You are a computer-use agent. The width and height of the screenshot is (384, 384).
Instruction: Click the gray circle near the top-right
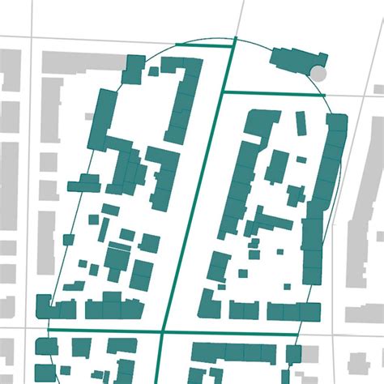[319, 74]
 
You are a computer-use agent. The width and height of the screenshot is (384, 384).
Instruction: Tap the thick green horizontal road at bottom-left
[105, 331]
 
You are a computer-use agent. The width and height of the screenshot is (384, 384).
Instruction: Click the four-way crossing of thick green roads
[163, 331]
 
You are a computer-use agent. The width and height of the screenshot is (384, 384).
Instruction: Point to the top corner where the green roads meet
[235, 39]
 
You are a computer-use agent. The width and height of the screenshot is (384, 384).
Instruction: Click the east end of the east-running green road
[324, 96]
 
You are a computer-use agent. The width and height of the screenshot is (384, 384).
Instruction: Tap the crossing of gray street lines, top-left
[32, 39]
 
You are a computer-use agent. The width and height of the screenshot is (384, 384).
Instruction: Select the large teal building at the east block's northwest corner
[258, 126]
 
